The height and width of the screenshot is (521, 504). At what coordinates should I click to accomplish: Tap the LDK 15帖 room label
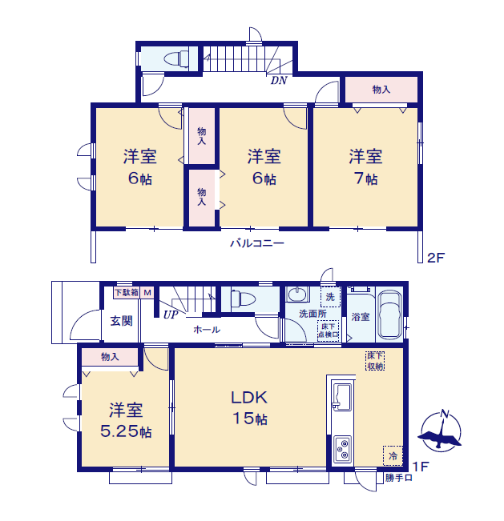click(249, 407)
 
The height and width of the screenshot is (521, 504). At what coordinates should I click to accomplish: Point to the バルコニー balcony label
click(256, 242)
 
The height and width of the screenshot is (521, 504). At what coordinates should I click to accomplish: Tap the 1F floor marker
click(420, 466)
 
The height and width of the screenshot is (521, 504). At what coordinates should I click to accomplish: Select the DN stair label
click(278, 80)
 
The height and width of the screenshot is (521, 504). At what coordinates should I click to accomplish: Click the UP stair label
click(170, 315)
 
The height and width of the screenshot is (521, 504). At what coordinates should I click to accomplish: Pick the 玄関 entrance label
click(121, 321)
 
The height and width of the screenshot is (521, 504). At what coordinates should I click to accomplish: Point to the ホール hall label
click(207, 329)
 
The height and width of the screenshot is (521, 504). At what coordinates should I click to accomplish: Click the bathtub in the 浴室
click(390, 315)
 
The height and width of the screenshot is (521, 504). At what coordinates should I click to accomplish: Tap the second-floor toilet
click(175, 58)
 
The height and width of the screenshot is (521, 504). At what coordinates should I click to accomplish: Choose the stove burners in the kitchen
click(341, 449)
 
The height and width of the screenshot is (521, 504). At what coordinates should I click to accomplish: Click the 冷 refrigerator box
click(393, 455)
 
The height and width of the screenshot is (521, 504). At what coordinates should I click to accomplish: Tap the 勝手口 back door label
click(398, 478)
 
